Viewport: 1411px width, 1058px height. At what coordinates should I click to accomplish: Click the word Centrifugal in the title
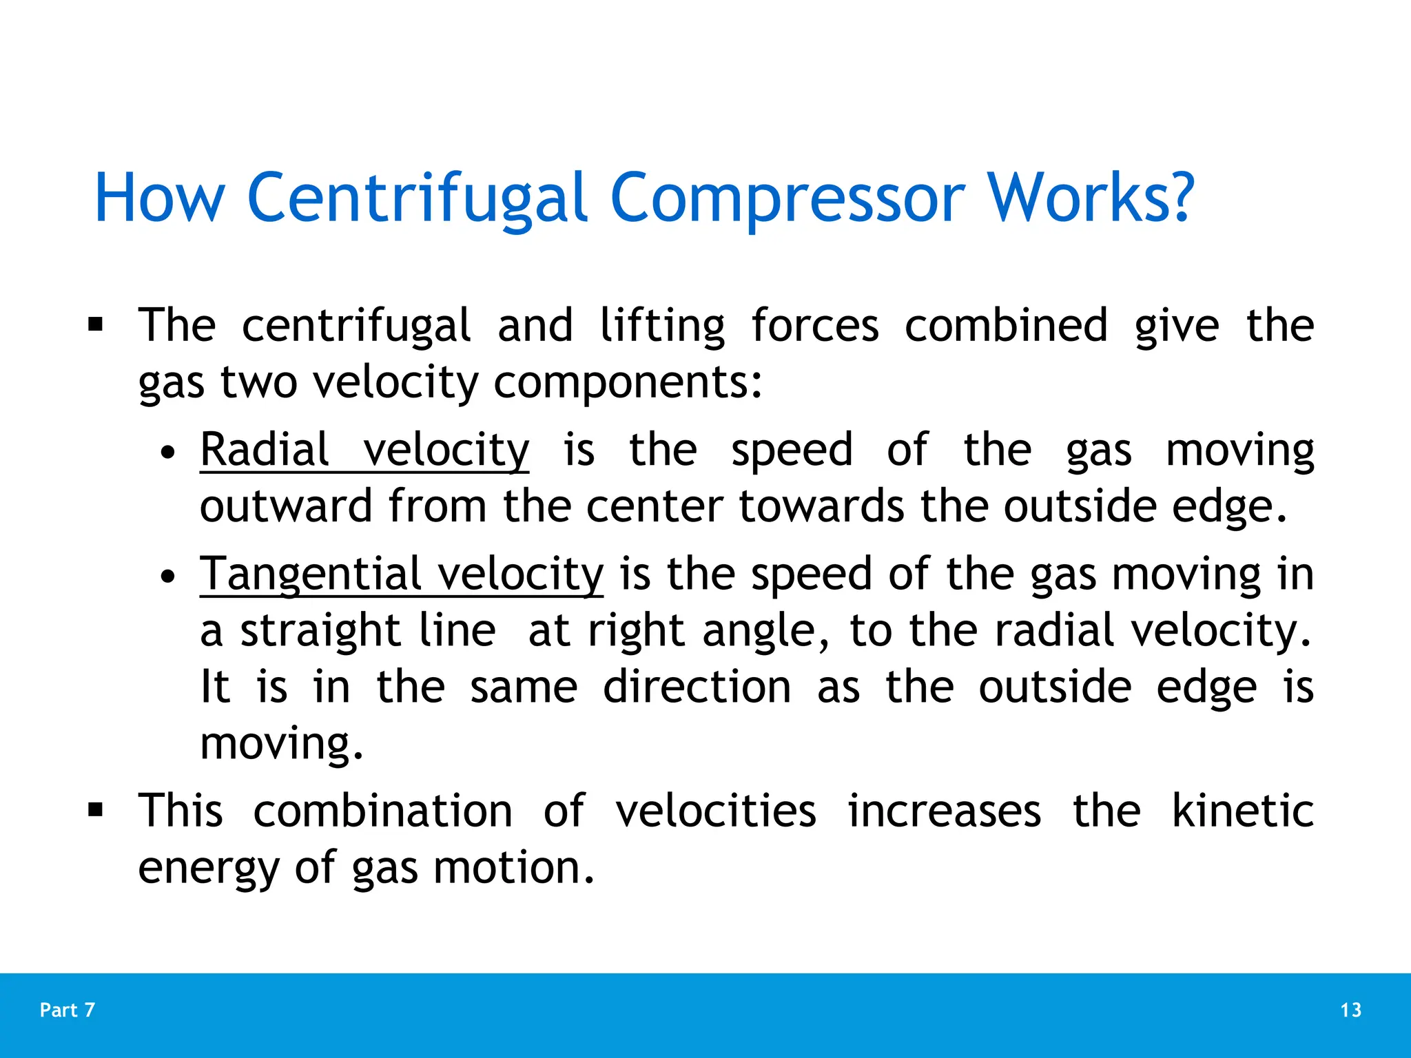pos(417,198)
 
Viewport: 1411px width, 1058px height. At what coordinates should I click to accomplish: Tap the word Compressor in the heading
pos(787,198)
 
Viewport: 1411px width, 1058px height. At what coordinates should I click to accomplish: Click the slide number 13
pos(1350,1010)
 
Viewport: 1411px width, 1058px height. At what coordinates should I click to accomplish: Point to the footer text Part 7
pos(68,1010)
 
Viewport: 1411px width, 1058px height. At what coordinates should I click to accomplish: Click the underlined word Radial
pos(265,450)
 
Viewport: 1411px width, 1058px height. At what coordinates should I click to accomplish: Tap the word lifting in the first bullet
pos(662,325)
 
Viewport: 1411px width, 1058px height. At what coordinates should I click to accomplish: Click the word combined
pos(1006,325)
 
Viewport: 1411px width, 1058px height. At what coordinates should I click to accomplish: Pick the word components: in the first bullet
pos(628,382)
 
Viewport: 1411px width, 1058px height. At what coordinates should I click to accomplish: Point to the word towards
pos(821,506)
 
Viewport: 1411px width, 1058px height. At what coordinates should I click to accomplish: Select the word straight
pos(320,630)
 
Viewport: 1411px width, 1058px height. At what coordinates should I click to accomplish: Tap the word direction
pos(697,687)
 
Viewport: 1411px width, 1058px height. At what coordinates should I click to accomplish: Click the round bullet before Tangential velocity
pos(167,577)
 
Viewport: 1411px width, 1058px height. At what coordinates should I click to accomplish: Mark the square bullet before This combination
pos(95,810)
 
